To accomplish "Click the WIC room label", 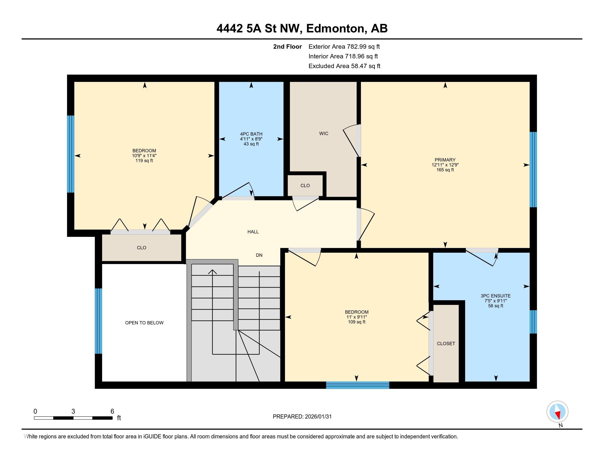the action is (324, 134).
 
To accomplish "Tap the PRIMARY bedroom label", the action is (445, 160).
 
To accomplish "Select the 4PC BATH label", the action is (251, 134).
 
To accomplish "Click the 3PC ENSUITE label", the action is (496, 296).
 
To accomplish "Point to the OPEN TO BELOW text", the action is (144, 323).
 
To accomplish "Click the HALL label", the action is (253, 232).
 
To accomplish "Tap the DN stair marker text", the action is (259, 255).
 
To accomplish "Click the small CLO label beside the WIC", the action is (305, 186).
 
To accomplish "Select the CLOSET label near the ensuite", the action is (446, 344).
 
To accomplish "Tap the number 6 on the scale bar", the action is (112, 412).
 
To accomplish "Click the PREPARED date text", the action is (302, 417).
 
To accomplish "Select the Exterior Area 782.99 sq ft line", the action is (344, 47).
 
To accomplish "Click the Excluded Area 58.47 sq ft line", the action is (344, 66).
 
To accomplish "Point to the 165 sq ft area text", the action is (445, 170).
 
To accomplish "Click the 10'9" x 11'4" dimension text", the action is (144, 156).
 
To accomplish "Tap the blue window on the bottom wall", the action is (357, 385).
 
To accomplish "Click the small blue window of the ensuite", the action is (533, 322).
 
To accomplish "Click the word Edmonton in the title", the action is (335, 29).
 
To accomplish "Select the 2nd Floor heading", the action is (287, 47).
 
